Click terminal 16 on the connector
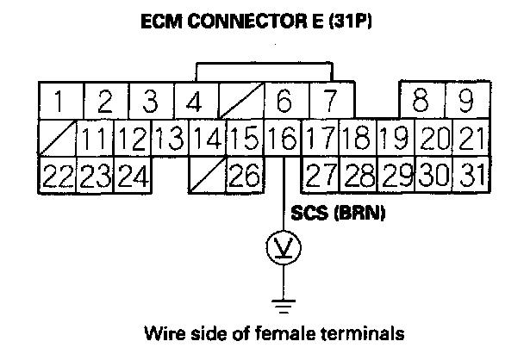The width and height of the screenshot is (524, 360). tap(283, 138)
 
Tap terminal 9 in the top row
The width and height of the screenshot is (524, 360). tap(465, 102)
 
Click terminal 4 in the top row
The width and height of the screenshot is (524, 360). tap(195, 102)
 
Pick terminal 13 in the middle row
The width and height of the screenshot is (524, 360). tap(171, 138)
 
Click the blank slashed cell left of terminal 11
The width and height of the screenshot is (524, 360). tap(59, 138)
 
